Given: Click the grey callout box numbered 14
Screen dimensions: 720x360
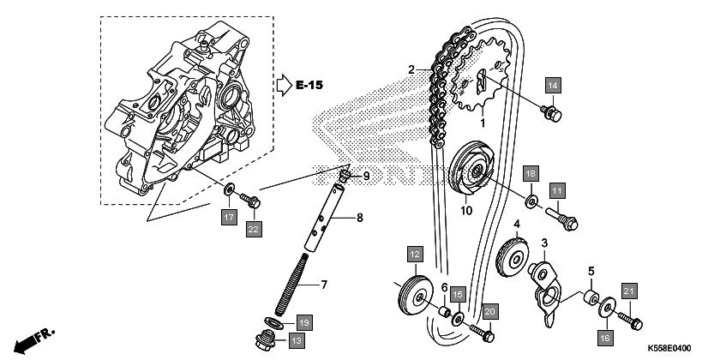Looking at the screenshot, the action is click(x=553, y=86).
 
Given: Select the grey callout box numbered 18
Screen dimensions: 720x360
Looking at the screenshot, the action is click(x=531, y=174).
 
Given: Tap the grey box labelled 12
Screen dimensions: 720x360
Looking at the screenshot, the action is click(x=415, y=254).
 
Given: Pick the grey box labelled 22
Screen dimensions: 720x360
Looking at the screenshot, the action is click(x=254, y=229).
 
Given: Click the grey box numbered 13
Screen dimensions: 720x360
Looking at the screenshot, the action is click(x=297, y=341).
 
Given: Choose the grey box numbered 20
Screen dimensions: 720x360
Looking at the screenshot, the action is click(x=490, y=311).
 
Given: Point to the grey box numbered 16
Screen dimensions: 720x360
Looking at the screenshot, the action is click(x=606, y=339).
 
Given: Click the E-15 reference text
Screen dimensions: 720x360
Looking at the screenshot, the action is click(x=309, y=85).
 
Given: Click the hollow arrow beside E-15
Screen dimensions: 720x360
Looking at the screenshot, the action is click(x=285, y=85).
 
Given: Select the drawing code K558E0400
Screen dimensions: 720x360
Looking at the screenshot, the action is click(x=669, y=349).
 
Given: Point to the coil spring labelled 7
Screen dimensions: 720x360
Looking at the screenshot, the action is click(x=291, y=284).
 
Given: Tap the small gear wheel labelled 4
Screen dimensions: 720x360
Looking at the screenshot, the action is click(x=513, y=258).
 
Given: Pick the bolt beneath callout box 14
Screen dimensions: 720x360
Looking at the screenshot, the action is click(x=551, y=114).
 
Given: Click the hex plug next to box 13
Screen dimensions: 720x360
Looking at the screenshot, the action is click(x=266, y=341).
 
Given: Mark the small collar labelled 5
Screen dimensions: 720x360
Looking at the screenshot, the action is click(x=591, y=297).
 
